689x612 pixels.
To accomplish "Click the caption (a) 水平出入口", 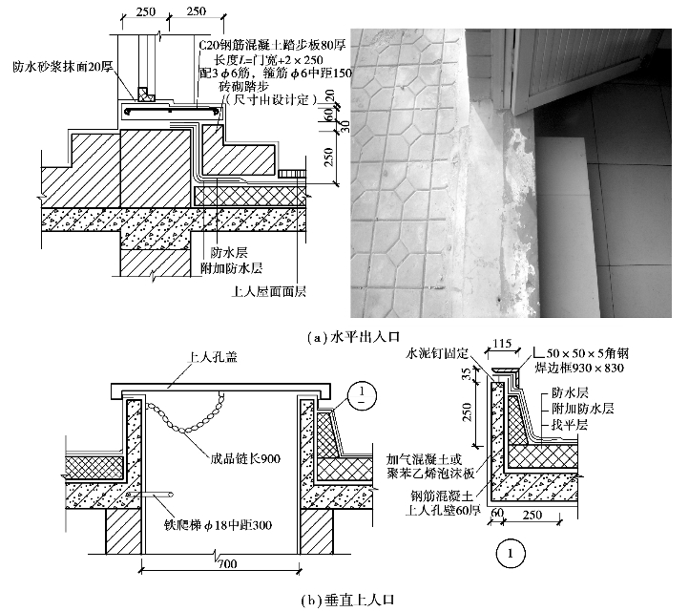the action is pos(354,336).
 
